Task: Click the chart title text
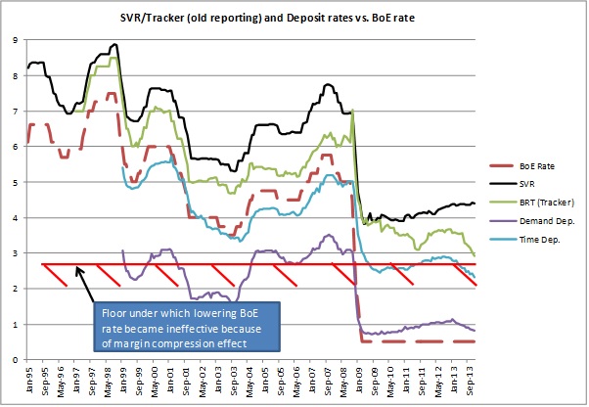(x=294, y=17)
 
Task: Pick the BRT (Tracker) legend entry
(x=543, y=201)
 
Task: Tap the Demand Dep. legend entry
(x=541, y=218)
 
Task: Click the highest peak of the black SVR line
(x=116, y=44)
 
